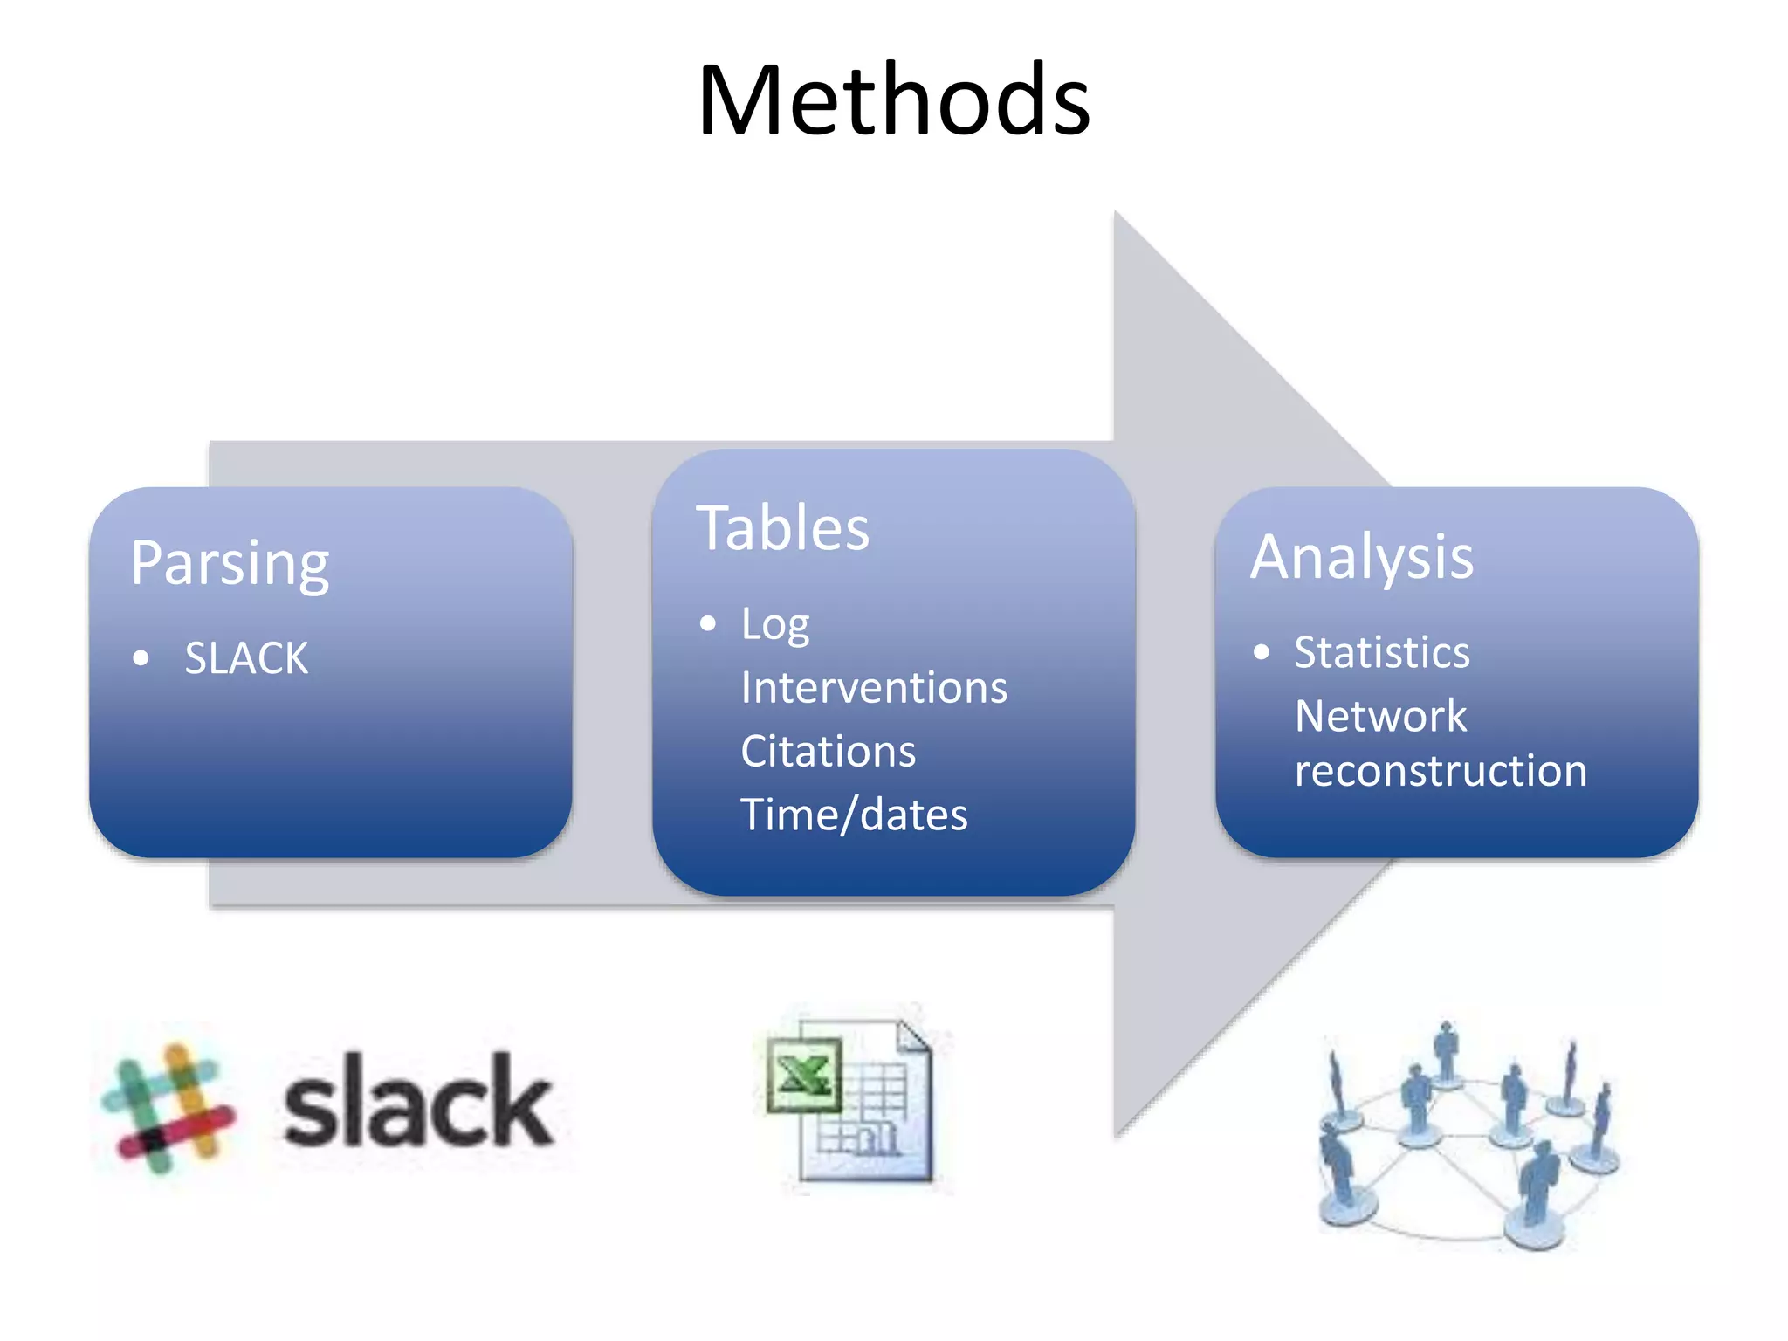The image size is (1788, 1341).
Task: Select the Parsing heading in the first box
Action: pos(230,563)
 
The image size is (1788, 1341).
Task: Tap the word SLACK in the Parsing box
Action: pos(246,658)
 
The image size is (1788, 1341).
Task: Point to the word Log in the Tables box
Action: pos(774,625)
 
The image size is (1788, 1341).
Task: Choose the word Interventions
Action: pos(874,688)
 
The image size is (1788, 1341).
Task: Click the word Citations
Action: pos(828,752)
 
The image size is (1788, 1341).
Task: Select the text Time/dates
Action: pos(854,815)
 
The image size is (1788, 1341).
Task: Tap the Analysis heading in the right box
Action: pos(1362,557)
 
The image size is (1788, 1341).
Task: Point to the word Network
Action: pos(1380,717)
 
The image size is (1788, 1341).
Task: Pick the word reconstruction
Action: pos(1441,772)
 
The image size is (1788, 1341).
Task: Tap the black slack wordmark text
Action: pos(417,1103)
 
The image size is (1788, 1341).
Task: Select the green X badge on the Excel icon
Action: pos(804,1075)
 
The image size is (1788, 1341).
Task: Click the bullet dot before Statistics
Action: pos(1261,652)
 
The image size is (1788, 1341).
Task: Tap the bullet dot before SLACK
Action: pos(141,658)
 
